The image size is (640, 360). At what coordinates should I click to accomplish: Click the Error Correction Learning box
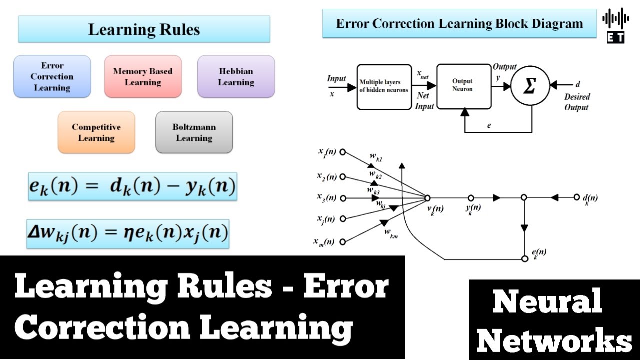52,76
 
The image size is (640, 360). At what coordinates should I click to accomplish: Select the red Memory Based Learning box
143,76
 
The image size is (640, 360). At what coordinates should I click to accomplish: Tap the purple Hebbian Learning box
236,76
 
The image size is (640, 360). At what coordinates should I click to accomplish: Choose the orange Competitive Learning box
96,132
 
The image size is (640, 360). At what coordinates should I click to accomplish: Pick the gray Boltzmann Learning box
194,132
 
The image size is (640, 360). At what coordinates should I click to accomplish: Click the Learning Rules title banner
144,29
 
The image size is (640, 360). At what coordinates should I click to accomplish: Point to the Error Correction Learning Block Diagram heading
459,24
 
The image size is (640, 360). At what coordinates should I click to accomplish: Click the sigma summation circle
530,86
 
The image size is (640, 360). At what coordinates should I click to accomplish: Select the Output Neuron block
463,86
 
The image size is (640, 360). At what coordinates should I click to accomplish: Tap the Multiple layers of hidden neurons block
384,86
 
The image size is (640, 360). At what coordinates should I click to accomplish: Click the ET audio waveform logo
615,25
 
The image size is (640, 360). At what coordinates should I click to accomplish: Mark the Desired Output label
577,102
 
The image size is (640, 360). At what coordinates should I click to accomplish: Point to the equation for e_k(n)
132,186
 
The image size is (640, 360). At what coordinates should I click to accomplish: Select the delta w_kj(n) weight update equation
128,233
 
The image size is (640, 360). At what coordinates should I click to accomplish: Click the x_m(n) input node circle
342,242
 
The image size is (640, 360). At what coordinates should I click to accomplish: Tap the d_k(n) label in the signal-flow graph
590,198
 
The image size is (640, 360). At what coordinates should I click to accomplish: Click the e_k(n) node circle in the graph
524,258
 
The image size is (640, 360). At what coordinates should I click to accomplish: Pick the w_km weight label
391,233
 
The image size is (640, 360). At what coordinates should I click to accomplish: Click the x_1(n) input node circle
342,153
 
